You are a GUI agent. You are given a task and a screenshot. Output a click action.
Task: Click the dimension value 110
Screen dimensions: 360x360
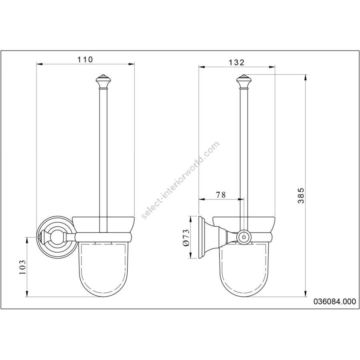pos(85,60)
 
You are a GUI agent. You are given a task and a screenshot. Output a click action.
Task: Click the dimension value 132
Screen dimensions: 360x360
pos(237,62)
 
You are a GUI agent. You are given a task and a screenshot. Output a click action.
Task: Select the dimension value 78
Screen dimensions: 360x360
pos(221,195)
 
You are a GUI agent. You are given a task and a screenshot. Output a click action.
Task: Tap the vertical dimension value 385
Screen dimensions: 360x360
pos(301,196)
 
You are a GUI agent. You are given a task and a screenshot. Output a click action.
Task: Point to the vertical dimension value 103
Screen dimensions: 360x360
pos(23,267)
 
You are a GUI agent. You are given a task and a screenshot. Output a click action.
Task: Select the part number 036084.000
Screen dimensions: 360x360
pos(335,302)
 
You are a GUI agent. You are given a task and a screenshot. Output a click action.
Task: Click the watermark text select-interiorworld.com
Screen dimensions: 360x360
pos(180,180)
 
